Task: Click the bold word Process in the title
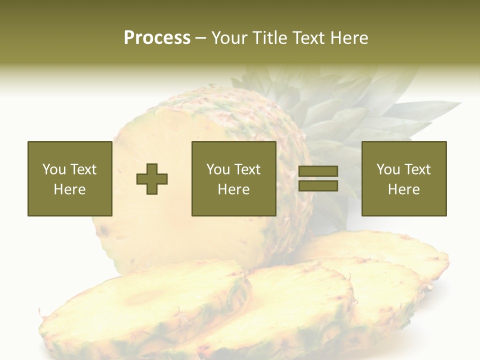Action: click(157, 37)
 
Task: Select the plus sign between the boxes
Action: click(152, 179)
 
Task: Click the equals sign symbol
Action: click(318, 179)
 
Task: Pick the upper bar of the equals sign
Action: click(318, 172)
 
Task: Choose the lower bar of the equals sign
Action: click(318, 186)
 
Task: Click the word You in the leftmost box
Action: click(53, 169)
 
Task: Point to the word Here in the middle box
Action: click(233, 189)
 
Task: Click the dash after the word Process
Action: click(200, 38)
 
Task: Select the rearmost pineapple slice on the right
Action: click(390, 250)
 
